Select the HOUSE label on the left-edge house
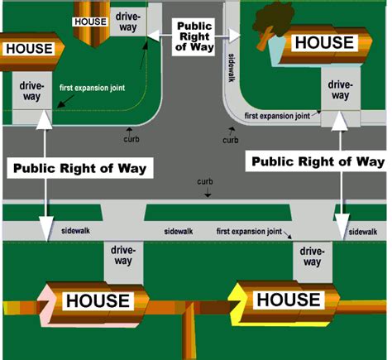[x=29, y=49]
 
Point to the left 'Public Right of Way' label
[x=79, y=168]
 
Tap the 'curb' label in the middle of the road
[x=204, y=180]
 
